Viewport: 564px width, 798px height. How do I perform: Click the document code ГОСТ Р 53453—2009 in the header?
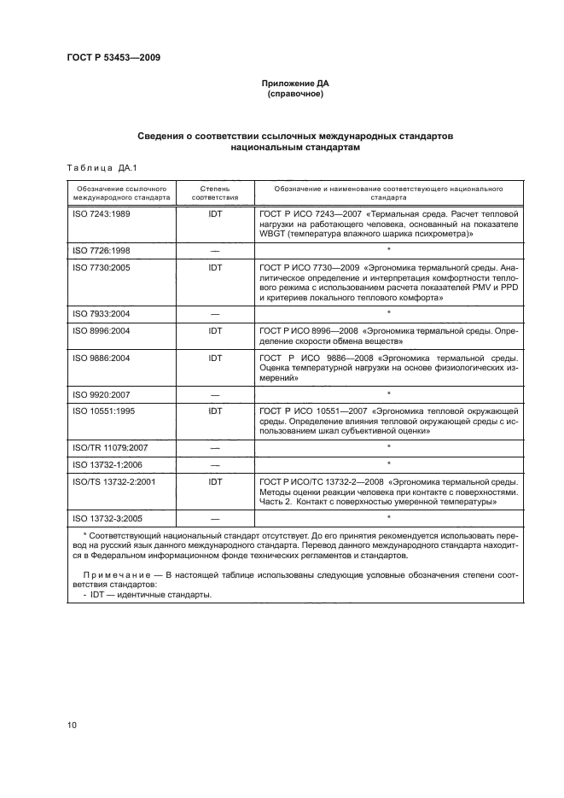113,57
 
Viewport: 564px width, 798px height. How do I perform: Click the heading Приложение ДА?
294,84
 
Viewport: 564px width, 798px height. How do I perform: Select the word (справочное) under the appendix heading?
294,94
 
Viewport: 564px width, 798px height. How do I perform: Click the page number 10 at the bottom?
73,726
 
